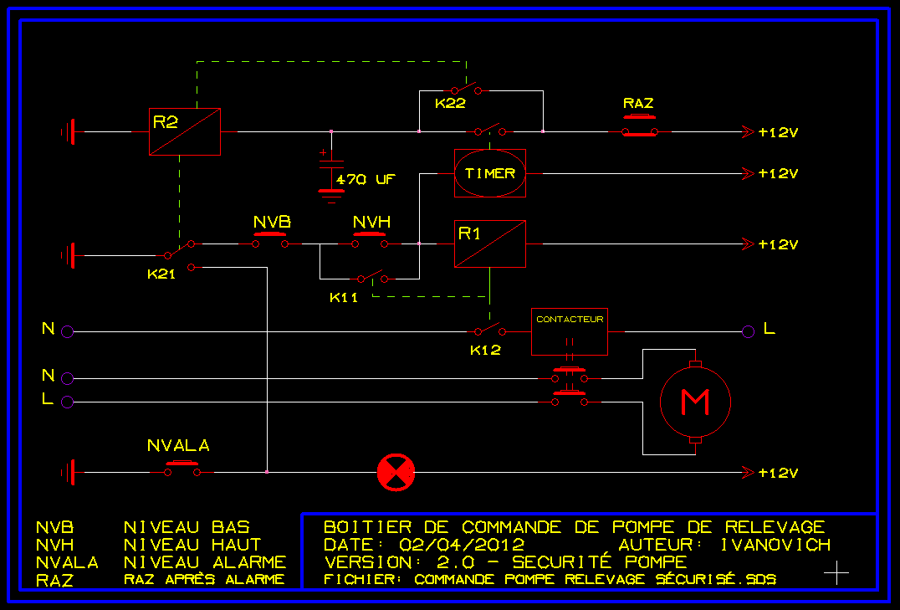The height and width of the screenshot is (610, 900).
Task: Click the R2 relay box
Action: coord(184,131)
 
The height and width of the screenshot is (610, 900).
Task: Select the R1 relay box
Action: coord(490,243)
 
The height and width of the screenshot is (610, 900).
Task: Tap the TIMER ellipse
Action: coord(490,173)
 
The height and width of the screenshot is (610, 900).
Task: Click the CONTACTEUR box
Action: coord(569,331)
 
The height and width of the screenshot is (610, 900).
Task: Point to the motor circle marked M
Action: coord(695,402)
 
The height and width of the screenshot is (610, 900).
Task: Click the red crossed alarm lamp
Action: coord(396,473)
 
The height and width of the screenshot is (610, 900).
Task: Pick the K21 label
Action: coord(161,274)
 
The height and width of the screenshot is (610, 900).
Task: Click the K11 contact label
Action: coord(344,297)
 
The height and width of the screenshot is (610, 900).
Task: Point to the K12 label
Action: coord(485,350)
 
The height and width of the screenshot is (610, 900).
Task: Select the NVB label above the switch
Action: coord(272,223)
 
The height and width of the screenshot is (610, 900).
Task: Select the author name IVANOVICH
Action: coord(775,545)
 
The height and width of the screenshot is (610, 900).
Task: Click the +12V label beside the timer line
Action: coord(778,174)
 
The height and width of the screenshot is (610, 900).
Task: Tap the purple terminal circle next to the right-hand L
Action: coord(748,331)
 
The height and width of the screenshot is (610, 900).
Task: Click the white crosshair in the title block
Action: coord(836,572)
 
